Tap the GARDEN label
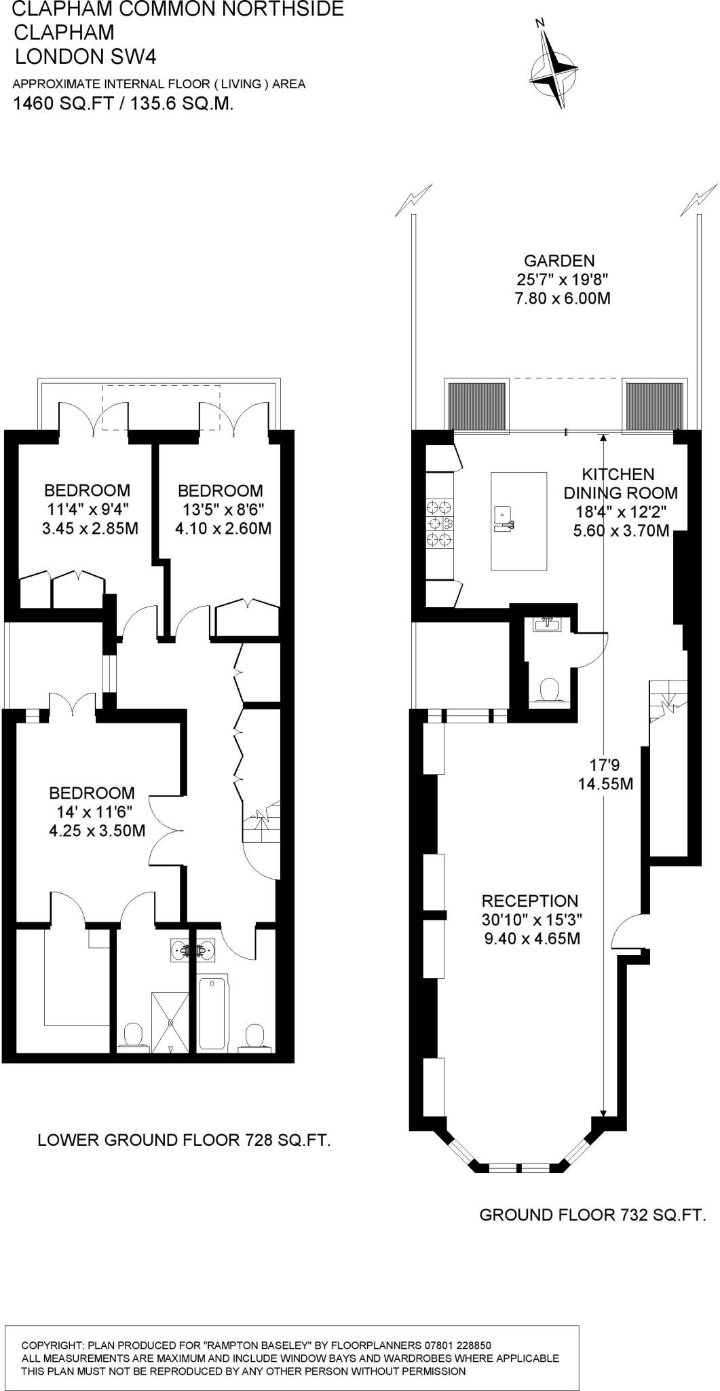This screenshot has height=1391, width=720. coord(559,261)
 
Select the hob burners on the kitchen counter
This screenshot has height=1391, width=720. coord(439,523)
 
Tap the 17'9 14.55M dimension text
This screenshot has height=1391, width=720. coord(605,774)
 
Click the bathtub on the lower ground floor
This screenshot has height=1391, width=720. coord(214,1012)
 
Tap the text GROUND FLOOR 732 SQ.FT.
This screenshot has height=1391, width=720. coord(592,1214)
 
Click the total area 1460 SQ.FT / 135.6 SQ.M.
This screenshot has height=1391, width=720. coord(124,104)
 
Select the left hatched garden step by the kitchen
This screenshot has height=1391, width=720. coord(478,405)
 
